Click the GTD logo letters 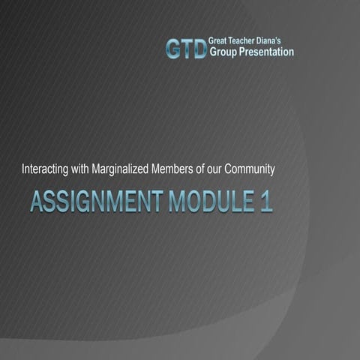coord(184,49)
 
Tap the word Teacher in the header coord(247,42)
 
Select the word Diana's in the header coord(276,42)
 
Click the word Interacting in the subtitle coord(48,169)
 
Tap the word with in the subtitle coord(87,169)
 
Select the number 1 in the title coord(266,202)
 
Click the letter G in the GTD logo coord(173,49)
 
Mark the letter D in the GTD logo coord(198,49)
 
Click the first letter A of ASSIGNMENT coord(36,202)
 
